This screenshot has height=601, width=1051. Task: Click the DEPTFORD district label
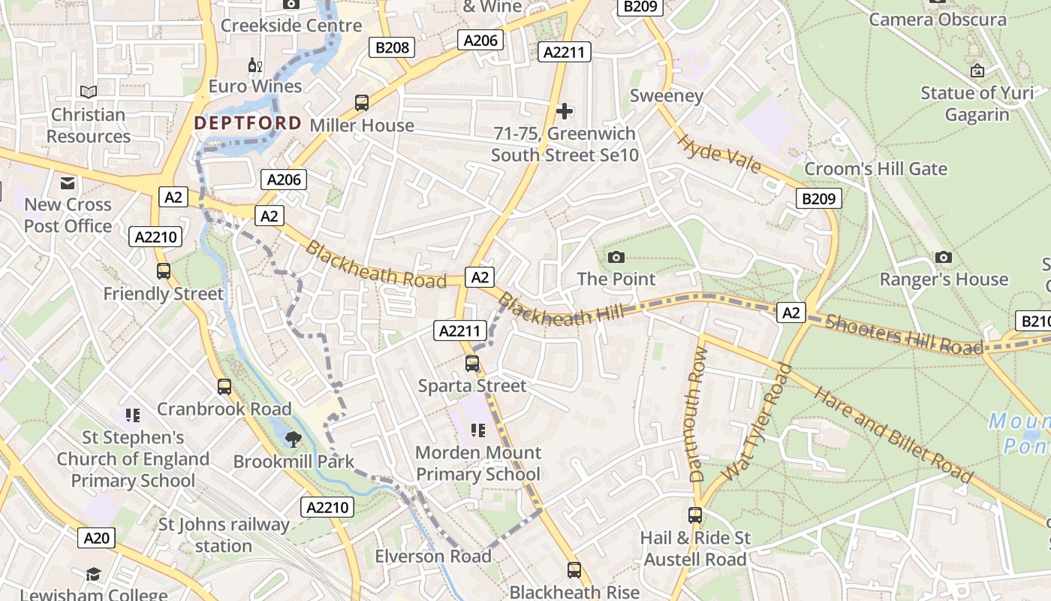(x=248, y=123)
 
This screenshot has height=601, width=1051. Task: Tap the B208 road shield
(x=392, y=48)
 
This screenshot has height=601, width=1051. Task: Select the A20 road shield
(x=96, y=537)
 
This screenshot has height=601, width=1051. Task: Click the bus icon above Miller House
(x=362, y=102)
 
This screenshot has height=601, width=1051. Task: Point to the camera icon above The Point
(x=616, y=258)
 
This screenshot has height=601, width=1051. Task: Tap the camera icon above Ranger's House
(x=944, y=258)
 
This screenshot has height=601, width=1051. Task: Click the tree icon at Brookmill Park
(x=293, y=439)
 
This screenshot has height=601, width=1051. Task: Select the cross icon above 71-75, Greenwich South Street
(x=565, y=112)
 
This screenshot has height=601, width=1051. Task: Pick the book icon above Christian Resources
(x=89, y=92)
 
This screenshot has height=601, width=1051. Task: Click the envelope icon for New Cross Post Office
(x=68, y=183)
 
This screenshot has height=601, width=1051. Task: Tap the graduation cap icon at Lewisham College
(x=93, y=574)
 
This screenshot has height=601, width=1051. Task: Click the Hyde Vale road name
(x=719, y=154)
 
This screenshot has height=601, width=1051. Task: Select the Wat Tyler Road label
(x=757, y=422)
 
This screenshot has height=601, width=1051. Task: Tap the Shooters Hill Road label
(x=904, y=334)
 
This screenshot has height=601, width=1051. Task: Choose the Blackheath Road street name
(x=375, y=264)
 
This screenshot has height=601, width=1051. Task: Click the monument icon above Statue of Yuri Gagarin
(x=977, y=71)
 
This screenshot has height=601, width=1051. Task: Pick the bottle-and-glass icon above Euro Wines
(x=255, y=65)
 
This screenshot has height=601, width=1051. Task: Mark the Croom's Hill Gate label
(x=875, y=169)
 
